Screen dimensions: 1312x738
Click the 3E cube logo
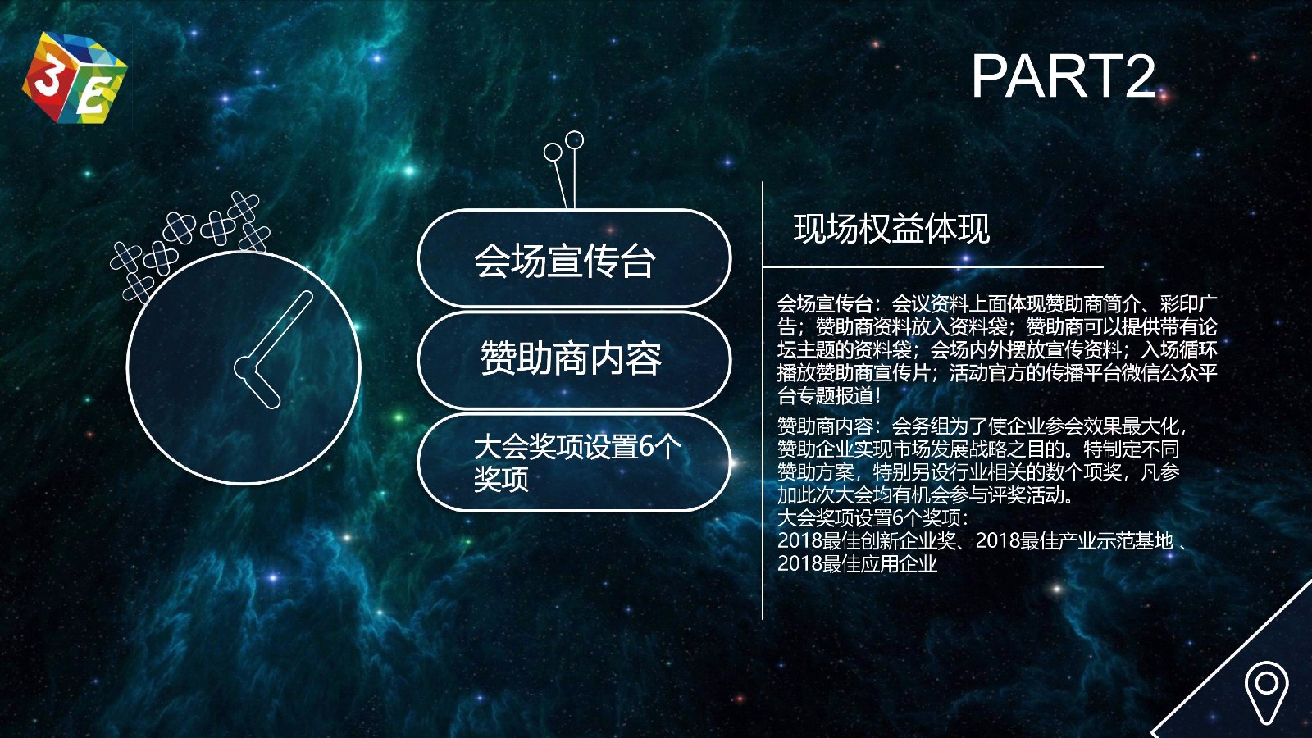(75, 77)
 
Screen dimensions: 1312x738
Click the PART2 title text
(1063, 77)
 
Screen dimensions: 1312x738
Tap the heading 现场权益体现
(891, 229)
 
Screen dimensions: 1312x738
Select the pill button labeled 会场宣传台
(574, 259)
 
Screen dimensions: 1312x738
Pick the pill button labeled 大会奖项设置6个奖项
(574, 462)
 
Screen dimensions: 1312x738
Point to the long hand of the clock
(276, 330)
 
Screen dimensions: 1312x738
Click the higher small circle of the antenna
(575, 139)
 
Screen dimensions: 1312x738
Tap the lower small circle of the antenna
(553, 153)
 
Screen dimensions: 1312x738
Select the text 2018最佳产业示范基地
(1074, 540)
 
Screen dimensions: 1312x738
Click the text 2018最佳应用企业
(857, 563)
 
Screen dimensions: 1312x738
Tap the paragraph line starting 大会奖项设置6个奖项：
(872, 517)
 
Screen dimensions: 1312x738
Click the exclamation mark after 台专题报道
(877, 395)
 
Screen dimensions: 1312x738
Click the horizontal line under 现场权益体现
(933, 267)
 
